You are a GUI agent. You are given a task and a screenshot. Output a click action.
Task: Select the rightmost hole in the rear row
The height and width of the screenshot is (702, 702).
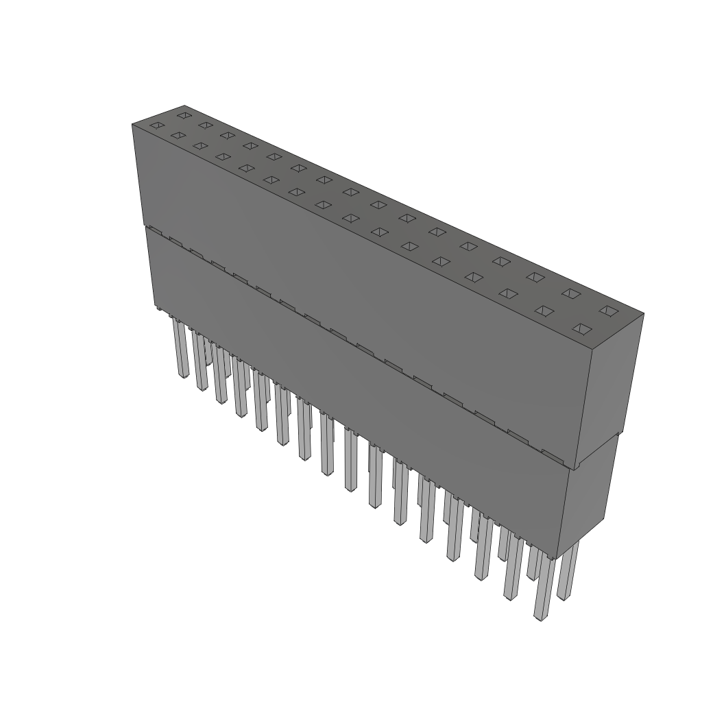[x=607, y=311]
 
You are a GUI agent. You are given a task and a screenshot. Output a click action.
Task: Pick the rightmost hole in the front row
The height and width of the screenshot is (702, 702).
[x=581, y=329]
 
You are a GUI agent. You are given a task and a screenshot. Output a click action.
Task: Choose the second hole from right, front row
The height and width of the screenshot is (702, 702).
[x=544, y=311]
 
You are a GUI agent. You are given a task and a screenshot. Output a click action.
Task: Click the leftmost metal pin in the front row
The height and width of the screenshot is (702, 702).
[x=181, y=350]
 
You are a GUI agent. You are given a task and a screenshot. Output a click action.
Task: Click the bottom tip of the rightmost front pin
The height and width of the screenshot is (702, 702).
[x=541, y=618]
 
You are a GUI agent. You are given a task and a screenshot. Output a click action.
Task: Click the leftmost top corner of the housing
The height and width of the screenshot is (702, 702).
[x=132, y=124]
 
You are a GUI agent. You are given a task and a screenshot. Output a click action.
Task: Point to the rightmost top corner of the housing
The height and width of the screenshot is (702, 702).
[x=643, y=314]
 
